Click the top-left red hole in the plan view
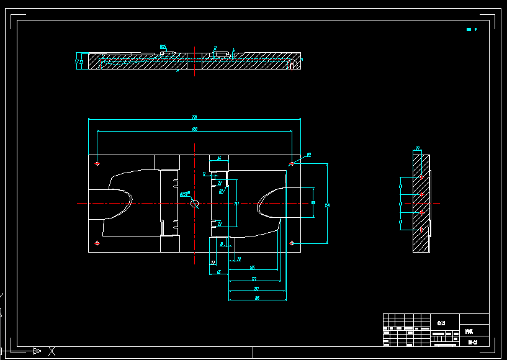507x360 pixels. pos(97,164)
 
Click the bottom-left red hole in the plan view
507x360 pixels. pos(97,243)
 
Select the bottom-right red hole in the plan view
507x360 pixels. pos(292,243)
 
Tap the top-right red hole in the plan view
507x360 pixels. pos(292,164)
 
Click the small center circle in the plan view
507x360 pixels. pos(194,203)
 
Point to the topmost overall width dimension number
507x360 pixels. pos(194,117)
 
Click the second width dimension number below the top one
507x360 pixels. pos(194,129)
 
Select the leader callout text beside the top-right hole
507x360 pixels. pos(308,155)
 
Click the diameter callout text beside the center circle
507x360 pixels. pos(184,194)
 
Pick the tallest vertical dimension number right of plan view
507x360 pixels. pos(327,204)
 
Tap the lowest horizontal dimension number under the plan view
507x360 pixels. pos(257,299)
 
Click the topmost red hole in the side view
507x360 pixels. pos(422,177)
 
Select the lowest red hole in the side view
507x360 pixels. pos(422,230)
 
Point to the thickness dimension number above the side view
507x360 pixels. pos(418,148)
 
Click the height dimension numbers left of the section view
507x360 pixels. pos(79,61)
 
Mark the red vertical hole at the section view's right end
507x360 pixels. pos(291,65)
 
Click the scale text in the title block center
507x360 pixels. pos(441,323)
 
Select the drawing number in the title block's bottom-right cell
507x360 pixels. pos(472,341)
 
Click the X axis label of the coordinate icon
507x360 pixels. pos(52,351)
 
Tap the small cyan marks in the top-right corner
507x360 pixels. pos(472,29)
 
